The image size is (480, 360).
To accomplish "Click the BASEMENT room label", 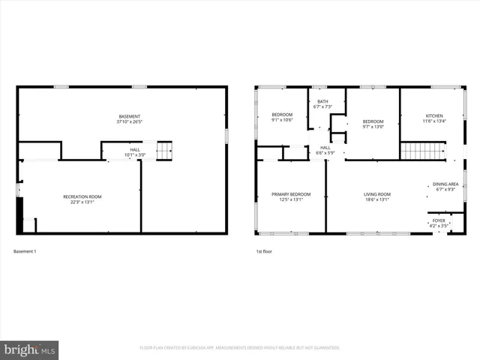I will pyautogui.click(x=130, y=115).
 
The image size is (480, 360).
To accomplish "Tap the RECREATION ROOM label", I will pyautogui.click(x=82, y=196).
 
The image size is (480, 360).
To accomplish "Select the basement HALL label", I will pyautogui.click(x=135, y=149).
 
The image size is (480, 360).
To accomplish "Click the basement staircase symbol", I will pyautogui.click(x=164, y=150).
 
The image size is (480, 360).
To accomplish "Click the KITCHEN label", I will pyautogui.click(x=434, y=115).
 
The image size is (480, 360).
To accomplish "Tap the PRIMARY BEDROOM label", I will pyautogui.click(x=290, y=194).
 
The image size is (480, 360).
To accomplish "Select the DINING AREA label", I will pyautogui.click(x=445, y=184).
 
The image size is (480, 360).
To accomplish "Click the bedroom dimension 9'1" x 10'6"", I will pyautogui.click(x=282, y=120).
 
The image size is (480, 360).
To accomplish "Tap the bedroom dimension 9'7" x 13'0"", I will pyautogui.click(x=373, y=126).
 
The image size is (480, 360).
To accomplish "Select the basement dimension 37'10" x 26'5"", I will pyautogui.click(x=130, y=121).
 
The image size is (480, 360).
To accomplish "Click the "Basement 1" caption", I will pyautogui.click(x=25, y=251).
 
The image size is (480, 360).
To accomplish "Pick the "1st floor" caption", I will pyautogui.click(x=263, y=251).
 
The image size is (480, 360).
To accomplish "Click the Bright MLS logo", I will pyautogui.click(x=29, y=349).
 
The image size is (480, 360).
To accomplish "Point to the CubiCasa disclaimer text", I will pyautogui.click(x=240, y=348).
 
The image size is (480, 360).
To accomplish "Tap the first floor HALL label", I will pyautogui.click(x=325, y=148).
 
